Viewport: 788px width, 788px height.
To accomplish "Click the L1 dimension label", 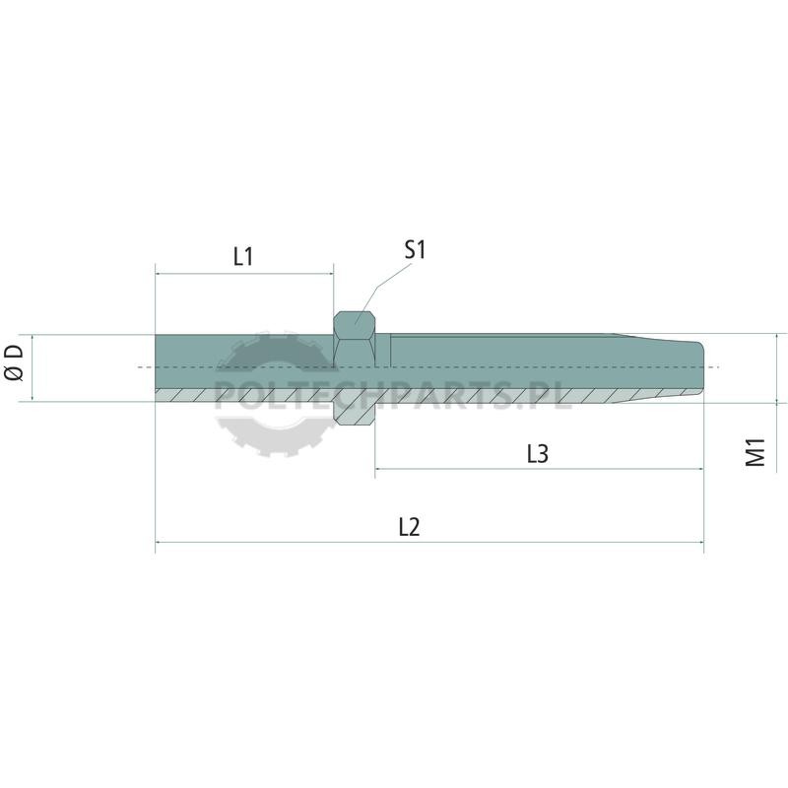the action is click(243, 256).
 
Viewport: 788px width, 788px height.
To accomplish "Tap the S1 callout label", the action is click(415, 250).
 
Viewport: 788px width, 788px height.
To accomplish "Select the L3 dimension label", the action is click(538, 454).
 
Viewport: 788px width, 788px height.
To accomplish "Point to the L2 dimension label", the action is click(409, 527).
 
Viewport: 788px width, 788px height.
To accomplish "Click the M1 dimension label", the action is click(755, 452).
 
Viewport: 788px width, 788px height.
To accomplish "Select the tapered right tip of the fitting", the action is click(658, 367).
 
